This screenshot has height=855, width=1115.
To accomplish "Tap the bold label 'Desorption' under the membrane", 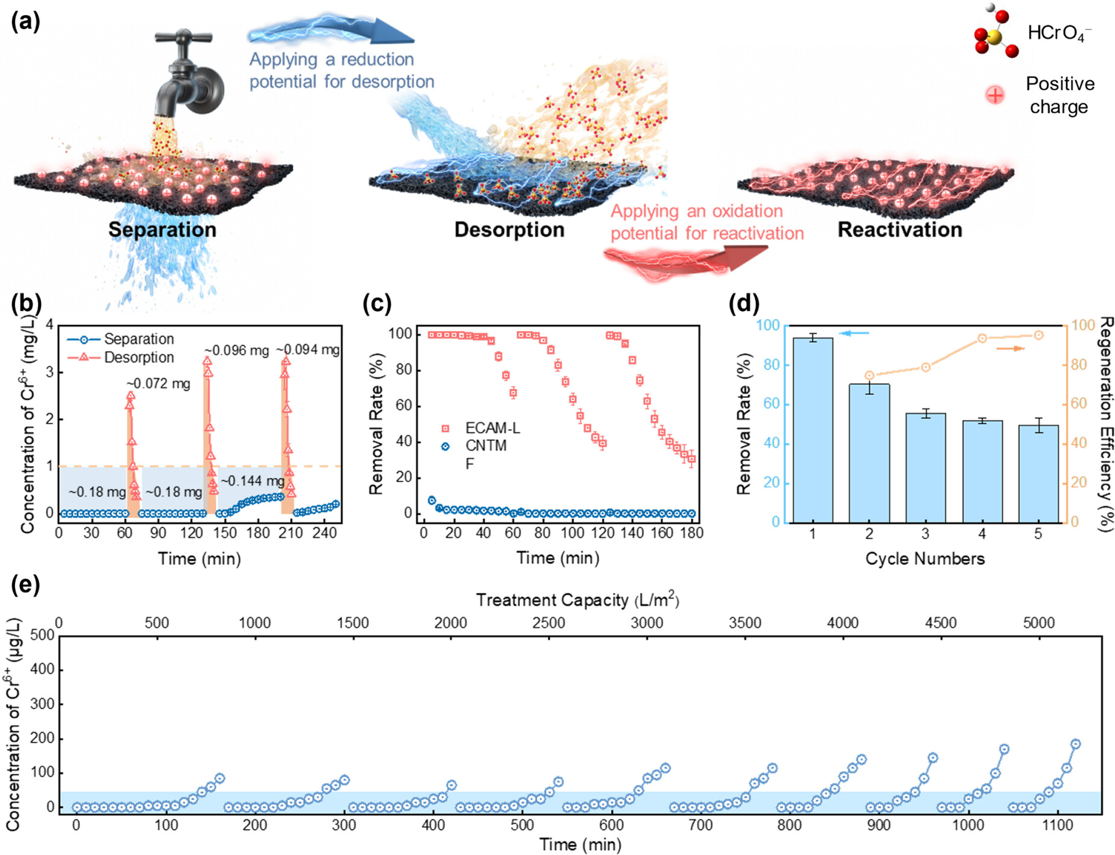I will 509,230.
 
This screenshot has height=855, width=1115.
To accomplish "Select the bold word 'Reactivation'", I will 900,230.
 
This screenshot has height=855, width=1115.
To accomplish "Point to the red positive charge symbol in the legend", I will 995,95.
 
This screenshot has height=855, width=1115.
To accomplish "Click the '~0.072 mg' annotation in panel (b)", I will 158,383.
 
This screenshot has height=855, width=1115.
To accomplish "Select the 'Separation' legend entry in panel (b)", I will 139,339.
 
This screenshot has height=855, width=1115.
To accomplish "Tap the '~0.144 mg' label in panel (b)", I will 252,481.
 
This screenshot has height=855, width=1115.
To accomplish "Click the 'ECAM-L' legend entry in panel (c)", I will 492,428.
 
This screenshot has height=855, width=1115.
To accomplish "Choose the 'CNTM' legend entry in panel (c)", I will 485,446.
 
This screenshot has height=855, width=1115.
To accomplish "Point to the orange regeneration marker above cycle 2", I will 869,376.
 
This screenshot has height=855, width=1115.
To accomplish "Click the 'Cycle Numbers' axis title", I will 925,559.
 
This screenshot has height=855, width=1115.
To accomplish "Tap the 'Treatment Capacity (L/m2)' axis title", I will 577,600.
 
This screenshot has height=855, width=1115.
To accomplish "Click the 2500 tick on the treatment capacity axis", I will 548,623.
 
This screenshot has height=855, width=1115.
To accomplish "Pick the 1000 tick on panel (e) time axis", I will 968,824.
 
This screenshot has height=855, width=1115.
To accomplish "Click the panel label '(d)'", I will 744,303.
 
